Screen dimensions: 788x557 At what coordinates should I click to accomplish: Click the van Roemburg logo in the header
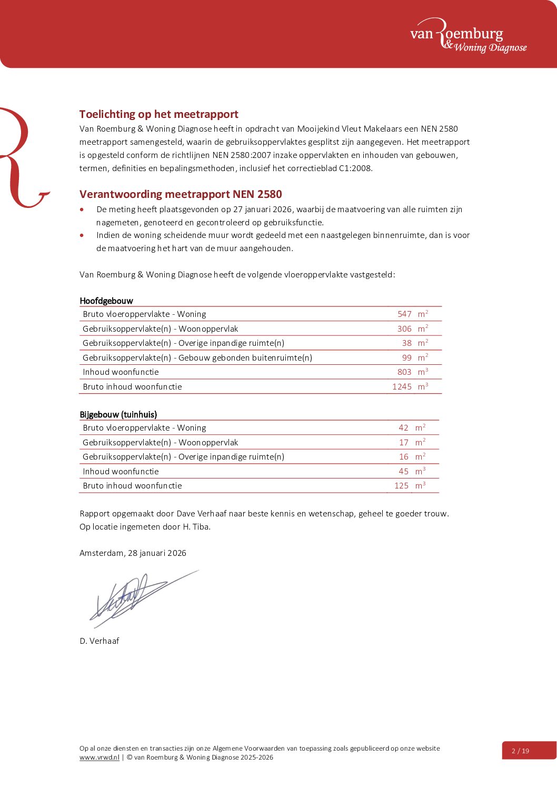point(468,36)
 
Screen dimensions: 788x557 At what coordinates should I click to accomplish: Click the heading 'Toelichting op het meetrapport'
point(158,114)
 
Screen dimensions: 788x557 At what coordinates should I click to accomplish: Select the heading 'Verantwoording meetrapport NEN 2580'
point(181,194)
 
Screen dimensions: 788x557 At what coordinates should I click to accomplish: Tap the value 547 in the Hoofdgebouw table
point(404,314)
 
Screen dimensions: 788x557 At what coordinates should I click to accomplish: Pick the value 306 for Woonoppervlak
point(404,329)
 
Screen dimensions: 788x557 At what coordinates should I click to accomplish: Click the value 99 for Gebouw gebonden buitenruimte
point(407,358)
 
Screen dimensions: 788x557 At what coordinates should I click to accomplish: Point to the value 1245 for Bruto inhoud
point(402,387)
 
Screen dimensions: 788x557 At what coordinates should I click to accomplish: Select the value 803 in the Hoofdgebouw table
point(404,372)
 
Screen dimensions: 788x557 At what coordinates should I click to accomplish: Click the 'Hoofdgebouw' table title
point(106,301)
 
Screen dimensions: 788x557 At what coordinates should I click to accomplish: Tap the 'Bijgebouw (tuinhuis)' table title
point(118,415)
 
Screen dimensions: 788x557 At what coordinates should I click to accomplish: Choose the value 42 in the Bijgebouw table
point(403,428)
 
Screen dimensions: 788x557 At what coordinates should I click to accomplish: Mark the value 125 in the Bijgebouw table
point(401,486)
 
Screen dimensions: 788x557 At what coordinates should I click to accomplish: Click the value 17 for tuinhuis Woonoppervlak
point(404,443)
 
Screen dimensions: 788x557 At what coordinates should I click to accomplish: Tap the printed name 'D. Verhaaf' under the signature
point(100,641)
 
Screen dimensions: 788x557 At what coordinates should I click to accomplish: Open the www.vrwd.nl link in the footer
point(100,757)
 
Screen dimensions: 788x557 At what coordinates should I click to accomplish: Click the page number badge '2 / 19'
point(521,751)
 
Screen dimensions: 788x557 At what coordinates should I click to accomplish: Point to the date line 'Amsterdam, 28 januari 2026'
point(133,553)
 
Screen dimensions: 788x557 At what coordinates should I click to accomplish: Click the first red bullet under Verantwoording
point(82,210)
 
